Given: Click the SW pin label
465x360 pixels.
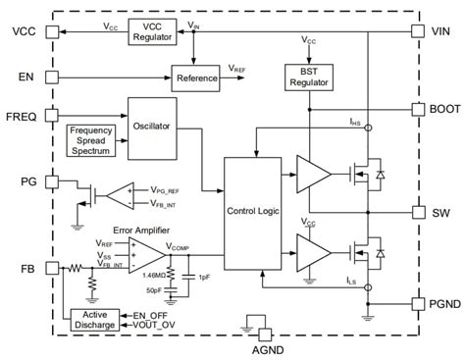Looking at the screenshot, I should [440, 212].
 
